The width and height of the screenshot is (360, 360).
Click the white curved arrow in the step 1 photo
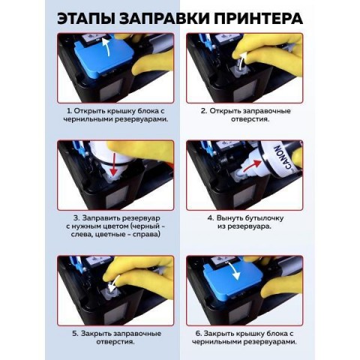click(x=106, y=47)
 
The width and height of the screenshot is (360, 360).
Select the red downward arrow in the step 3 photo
click(x=114, y=164)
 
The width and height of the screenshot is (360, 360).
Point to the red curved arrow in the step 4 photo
click(x=253, y=166)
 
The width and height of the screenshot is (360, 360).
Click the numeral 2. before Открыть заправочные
click(x=204, y=111)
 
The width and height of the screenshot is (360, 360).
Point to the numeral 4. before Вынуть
click(x=211, y=218)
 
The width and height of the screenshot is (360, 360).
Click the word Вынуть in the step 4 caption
click(x=229, y=218)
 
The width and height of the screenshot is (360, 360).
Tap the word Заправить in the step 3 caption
click(x=101, y=218)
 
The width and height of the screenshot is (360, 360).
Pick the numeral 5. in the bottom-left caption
click(x=76, y=334)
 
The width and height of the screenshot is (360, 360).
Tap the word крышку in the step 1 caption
click(x=119, y=111)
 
